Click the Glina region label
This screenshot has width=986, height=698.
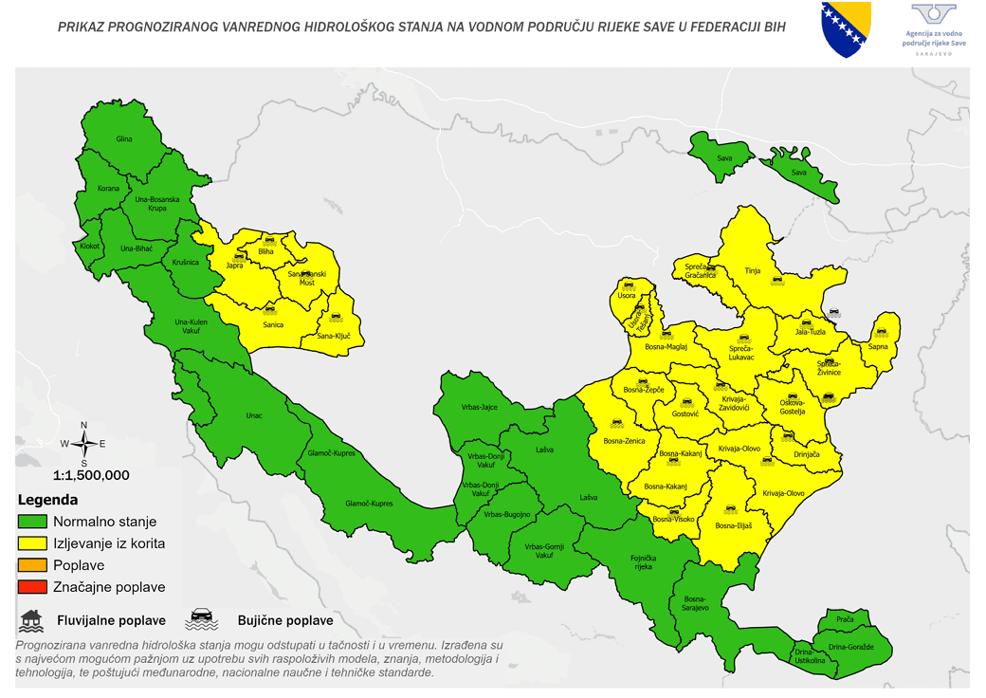tap(123, 139)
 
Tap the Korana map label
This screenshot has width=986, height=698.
tap(109, 189)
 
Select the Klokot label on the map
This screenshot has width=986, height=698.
tap(90, 247)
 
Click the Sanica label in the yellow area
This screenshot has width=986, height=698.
tap(273, 325)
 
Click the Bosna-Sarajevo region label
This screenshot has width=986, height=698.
tap(695, 603)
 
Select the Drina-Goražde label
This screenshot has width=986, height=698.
tap(859, 647)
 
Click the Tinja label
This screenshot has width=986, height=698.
tap(753, 271)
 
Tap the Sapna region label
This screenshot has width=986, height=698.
tap(878, 347)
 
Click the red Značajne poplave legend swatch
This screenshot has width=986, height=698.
tap(32, 587)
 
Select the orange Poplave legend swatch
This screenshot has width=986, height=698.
tap(32, 565)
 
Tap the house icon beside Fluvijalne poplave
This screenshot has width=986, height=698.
tap(31, 620)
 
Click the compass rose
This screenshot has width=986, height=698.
tap(83, 444)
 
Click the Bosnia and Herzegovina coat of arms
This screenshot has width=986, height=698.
tap(846, 29)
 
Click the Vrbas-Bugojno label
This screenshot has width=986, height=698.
tap(506, 515)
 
